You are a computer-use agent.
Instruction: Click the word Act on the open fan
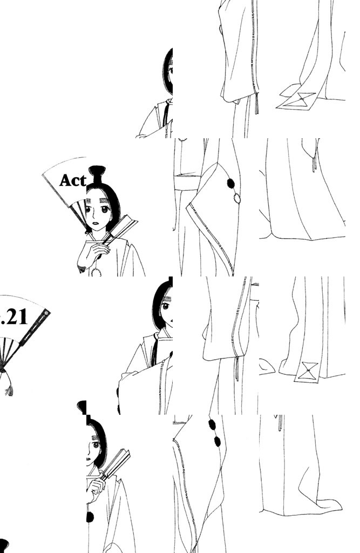tap(73, 180)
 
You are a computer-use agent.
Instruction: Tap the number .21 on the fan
tap(13, 317)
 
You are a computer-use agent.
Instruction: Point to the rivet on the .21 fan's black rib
tap(46, 313)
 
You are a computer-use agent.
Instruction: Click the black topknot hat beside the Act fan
tap(97, 173)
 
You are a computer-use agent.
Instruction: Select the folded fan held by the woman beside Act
tap(121, 228)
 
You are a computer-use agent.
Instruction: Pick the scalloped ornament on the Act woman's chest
tap(96, 272)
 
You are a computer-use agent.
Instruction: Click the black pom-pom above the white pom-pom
tap(231, 184)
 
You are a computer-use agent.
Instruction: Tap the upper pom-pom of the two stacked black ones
tap(212, 424)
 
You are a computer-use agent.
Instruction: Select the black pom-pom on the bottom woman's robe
tap(90, 517)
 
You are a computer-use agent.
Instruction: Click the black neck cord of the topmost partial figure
tap(166, 113)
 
